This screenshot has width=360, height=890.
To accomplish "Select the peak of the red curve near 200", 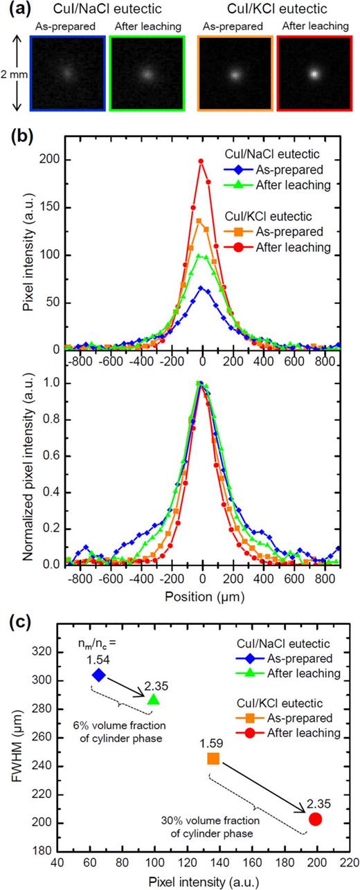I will coord(201,161).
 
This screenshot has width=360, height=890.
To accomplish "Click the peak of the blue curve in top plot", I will coord(201,288).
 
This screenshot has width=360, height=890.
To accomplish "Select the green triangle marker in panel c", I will coord(153,720).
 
